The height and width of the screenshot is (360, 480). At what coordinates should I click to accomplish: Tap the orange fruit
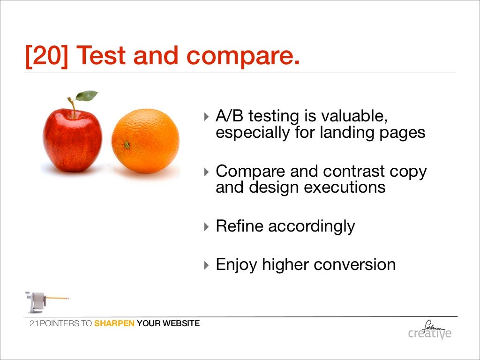[x=146, y=141]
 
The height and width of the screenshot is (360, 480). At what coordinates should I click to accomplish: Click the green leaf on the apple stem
[x=87, y=96]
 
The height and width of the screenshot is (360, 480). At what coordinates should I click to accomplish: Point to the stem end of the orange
[x=127, y=145]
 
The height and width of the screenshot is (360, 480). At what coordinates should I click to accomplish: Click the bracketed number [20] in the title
[x=46, y=56]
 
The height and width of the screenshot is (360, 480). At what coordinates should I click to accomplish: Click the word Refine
[x=239, y=226]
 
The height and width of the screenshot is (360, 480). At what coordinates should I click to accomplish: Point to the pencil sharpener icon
[x=40, y=301]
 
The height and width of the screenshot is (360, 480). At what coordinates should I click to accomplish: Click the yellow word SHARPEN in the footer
[x=114, y=323]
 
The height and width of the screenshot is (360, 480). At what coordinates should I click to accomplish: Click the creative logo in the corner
[x=430, y=330]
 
